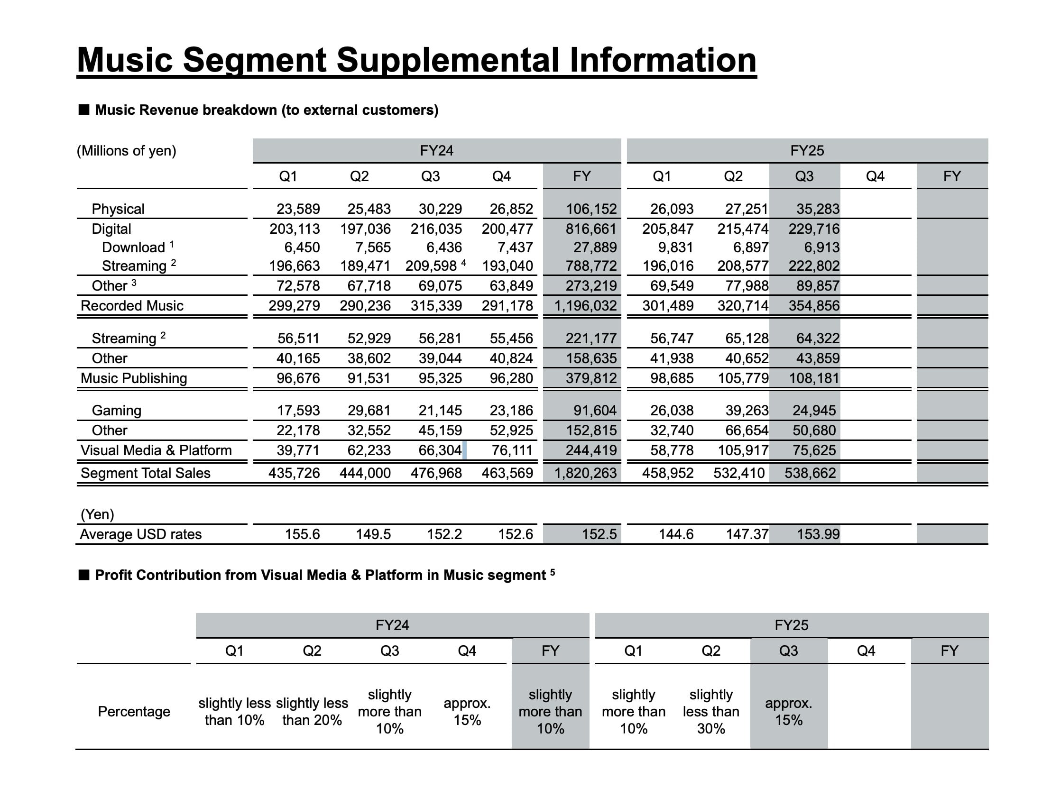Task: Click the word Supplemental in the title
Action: pos(447,61)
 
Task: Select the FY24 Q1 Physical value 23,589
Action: pos(297,209)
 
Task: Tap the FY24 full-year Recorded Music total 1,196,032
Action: pos(585,306)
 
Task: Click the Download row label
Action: pos(133,247)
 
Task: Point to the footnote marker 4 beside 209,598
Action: pos(463,263)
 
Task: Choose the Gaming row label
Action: pos(116,411)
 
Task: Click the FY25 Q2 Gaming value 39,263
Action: pos(746,411)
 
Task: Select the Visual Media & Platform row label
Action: pos(156,450)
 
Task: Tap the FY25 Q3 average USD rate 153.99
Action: pos(818,534)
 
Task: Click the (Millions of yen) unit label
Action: pos(126,151)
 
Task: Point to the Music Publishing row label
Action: pos(133,378)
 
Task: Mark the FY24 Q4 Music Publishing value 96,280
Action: pos(511,378)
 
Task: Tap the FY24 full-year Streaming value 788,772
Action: pos(590,266)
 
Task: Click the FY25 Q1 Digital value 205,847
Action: pos(668,229)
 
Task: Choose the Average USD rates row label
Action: pos(140,534)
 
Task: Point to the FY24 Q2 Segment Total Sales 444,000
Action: pos(365,473)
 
